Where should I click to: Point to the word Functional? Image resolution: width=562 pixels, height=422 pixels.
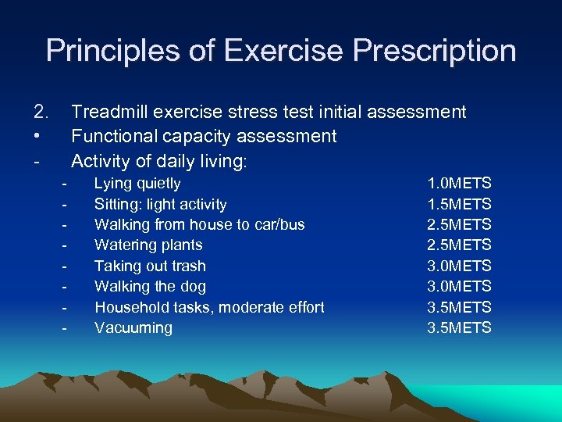pos(113,136)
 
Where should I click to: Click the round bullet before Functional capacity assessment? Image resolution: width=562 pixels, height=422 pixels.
pos(37,137)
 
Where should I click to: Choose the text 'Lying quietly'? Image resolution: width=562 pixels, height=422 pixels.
pos(137,184)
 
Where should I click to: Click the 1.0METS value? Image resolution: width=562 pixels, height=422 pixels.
pos(459,184)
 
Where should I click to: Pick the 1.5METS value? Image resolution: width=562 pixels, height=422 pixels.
pos(459,205)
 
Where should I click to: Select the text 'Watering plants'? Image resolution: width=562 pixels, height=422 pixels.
pos(148,245)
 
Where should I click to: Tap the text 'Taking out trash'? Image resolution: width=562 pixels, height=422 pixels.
pos(150,266)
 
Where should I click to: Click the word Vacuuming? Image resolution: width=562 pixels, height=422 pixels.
pos(133,327)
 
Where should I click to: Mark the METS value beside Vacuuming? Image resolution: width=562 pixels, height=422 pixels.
pos(459,327)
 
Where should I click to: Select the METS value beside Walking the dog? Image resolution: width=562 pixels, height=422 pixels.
pos(459,287)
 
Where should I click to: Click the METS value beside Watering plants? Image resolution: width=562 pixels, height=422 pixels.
pos(459,245)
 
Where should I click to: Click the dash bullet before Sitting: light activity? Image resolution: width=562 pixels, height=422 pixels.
pos(65,205)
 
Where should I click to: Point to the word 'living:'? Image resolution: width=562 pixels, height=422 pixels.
pos(223,162)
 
